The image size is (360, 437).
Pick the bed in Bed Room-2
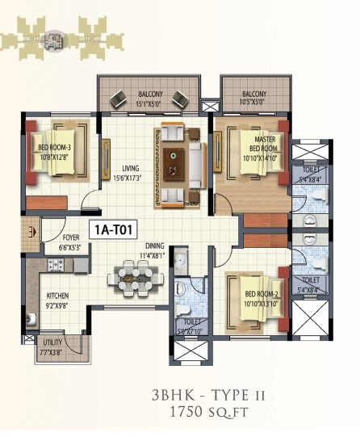click(252, 298)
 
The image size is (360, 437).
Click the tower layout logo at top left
click(54, 38)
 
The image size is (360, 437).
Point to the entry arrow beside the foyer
click(32, 233)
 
